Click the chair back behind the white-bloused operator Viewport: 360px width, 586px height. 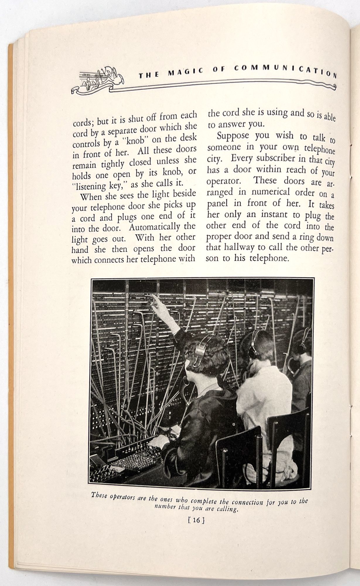[x=289, y=431]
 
